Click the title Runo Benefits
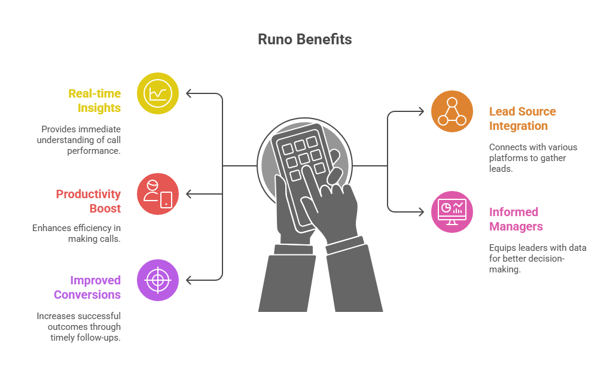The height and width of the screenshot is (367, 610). pyautogui.click(x=304, y=40)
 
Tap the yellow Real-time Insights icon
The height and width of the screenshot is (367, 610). pyautogui.click(x=158, y=93)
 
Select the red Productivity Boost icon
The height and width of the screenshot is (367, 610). pyautogui.click(x=158, y=194)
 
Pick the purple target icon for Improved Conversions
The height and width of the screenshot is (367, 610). pyautogui.click(x=158, y=280)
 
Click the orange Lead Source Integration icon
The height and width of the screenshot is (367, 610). pyautogui.click(x=452, y=111)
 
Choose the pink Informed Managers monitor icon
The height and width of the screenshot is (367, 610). pyautogui.click(x=452, y=212)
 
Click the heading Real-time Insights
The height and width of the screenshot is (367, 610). pyautogui.click(x=95, y=101)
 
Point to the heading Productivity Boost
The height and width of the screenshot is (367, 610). pyautogui.click(x=89, y=201)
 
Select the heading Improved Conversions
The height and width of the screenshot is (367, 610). pyautogui.click(x=87, y=287)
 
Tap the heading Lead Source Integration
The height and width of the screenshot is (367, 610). pyautogui.click(x=522, y=119)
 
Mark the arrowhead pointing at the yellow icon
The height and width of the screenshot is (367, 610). pyautogui.click(x=189, y=93)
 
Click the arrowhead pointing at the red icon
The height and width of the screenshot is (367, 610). pyautogui.click(x=189, y=194)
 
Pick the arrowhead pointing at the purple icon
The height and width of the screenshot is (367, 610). pyautogui.click(x=189, y=280)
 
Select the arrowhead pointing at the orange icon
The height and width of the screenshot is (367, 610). pyautogui.click(x=421, y=111)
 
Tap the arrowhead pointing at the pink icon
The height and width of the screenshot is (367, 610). pyautogui.click(x=421, y=212)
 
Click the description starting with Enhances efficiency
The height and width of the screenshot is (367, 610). pyautogui.click(x=76, y=233)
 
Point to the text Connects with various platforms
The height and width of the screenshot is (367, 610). pyautogui.click(x=533, y=158)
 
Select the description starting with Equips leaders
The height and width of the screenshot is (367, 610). pyautogui.click(x=538, y=259)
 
